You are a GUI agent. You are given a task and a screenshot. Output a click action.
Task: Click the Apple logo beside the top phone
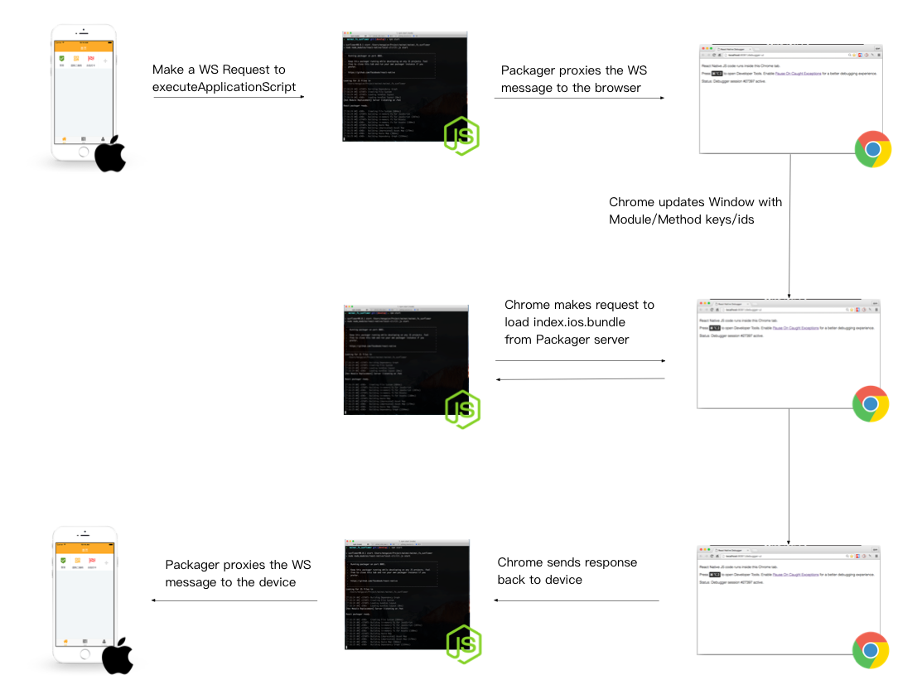click(x=110, y=155)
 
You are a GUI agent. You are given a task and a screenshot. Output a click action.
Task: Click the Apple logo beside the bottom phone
click(x=118, y=656)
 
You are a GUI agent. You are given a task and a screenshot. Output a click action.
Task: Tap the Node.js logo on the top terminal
click(x=461, y=137)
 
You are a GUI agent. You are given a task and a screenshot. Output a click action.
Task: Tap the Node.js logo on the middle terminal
click(x=462, y=409)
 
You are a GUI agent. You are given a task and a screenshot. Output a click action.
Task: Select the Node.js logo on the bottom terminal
click(x=464, y=644)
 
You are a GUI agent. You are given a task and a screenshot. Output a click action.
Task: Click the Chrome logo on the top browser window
click(x=873, y=150)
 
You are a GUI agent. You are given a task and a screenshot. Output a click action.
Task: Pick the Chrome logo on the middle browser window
click(x=871, y=404)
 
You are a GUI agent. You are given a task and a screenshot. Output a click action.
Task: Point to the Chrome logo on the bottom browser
click(x=871, y=651)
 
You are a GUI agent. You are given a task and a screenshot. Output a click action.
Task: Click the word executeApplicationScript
click(x=224, y=87)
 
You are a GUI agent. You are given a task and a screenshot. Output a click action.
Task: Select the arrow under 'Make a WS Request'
click(x=229, y=98)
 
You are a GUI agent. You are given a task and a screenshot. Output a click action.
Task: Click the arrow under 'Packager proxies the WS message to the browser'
click(x=580, y=99)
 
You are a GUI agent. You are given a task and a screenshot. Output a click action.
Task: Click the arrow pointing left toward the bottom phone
click(x=234, y=600)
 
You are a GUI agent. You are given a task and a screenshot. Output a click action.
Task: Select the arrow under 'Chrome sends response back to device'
click(x=577, y=600)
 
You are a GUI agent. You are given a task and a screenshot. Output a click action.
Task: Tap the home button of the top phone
click(x=83, y=152)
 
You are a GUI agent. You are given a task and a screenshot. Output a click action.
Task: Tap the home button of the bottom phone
click(x=83, y=653)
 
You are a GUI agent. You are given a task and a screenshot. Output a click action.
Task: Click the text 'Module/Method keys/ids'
click(x=681, y=219)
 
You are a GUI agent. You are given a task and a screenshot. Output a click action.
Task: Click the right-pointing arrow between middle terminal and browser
click(x=581, y=361)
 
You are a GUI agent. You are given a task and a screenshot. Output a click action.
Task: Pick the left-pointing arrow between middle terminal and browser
click(x=581, y=379)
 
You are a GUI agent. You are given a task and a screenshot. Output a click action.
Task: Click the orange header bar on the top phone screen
click(x=83, y=46)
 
